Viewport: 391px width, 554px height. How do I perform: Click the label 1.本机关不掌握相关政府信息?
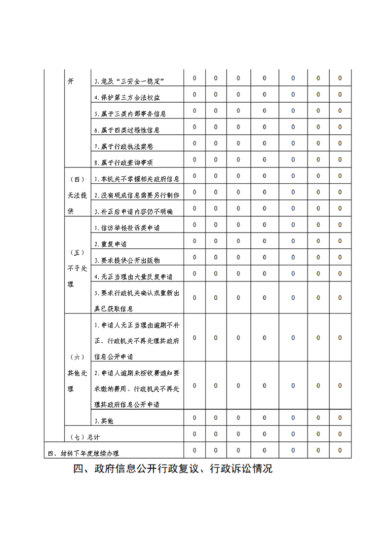coord(137,179)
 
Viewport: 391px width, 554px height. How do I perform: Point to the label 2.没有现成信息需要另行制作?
coord(137,195)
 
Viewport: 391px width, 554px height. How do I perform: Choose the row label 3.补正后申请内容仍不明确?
coord(133,211)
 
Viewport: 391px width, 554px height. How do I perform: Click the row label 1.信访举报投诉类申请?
coord(126,228)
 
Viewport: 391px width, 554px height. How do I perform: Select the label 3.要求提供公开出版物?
coord(126,260)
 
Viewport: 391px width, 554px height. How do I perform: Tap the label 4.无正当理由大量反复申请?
coord(133,277)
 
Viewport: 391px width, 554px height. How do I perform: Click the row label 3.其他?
coord(104,421)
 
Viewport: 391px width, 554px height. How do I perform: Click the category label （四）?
coord(77,179)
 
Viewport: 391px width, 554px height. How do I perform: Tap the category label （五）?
coord(77,252)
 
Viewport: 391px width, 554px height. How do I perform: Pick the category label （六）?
coord(77,356)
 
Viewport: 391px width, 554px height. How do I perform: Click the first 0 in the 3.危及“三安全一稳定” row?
coord(195,79)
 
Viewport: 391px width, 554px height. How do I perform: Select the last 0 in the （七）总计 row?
coord(340,434)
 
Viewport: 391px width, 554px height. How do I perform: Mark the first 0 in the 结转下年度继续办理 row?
coord(195,450)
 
